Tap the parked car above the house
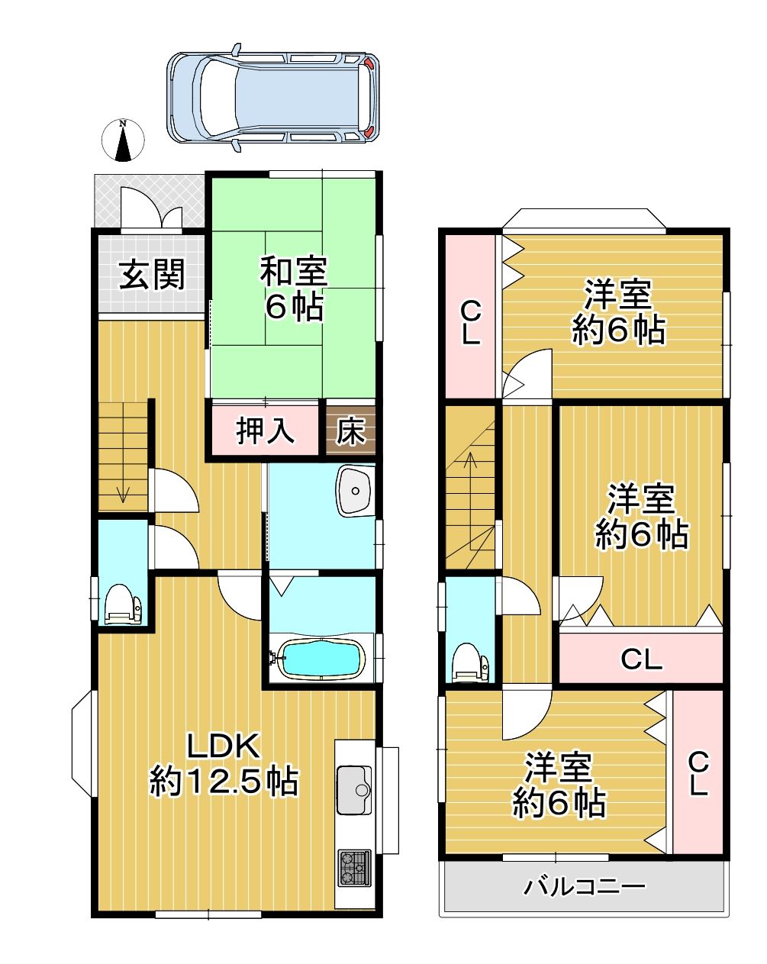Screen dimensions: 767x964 272,98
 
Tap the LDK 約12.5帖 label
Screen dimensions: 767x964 223,771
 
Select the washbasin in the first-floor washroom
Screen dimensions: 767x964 355,491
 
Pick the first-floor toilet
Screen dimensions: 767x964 123,605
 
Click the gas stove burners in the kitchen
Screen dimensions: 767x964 354,868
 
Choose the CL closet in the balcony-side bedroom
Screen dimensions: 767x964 698,774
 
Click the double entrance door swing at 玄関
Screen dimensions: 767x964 151,207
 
